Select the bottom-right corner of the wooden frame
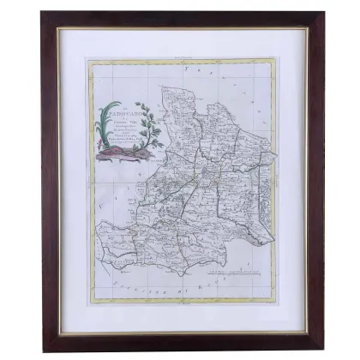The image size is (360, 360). pos(322,349)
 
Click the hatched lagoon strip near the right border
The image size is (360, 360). pos(264,184)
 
